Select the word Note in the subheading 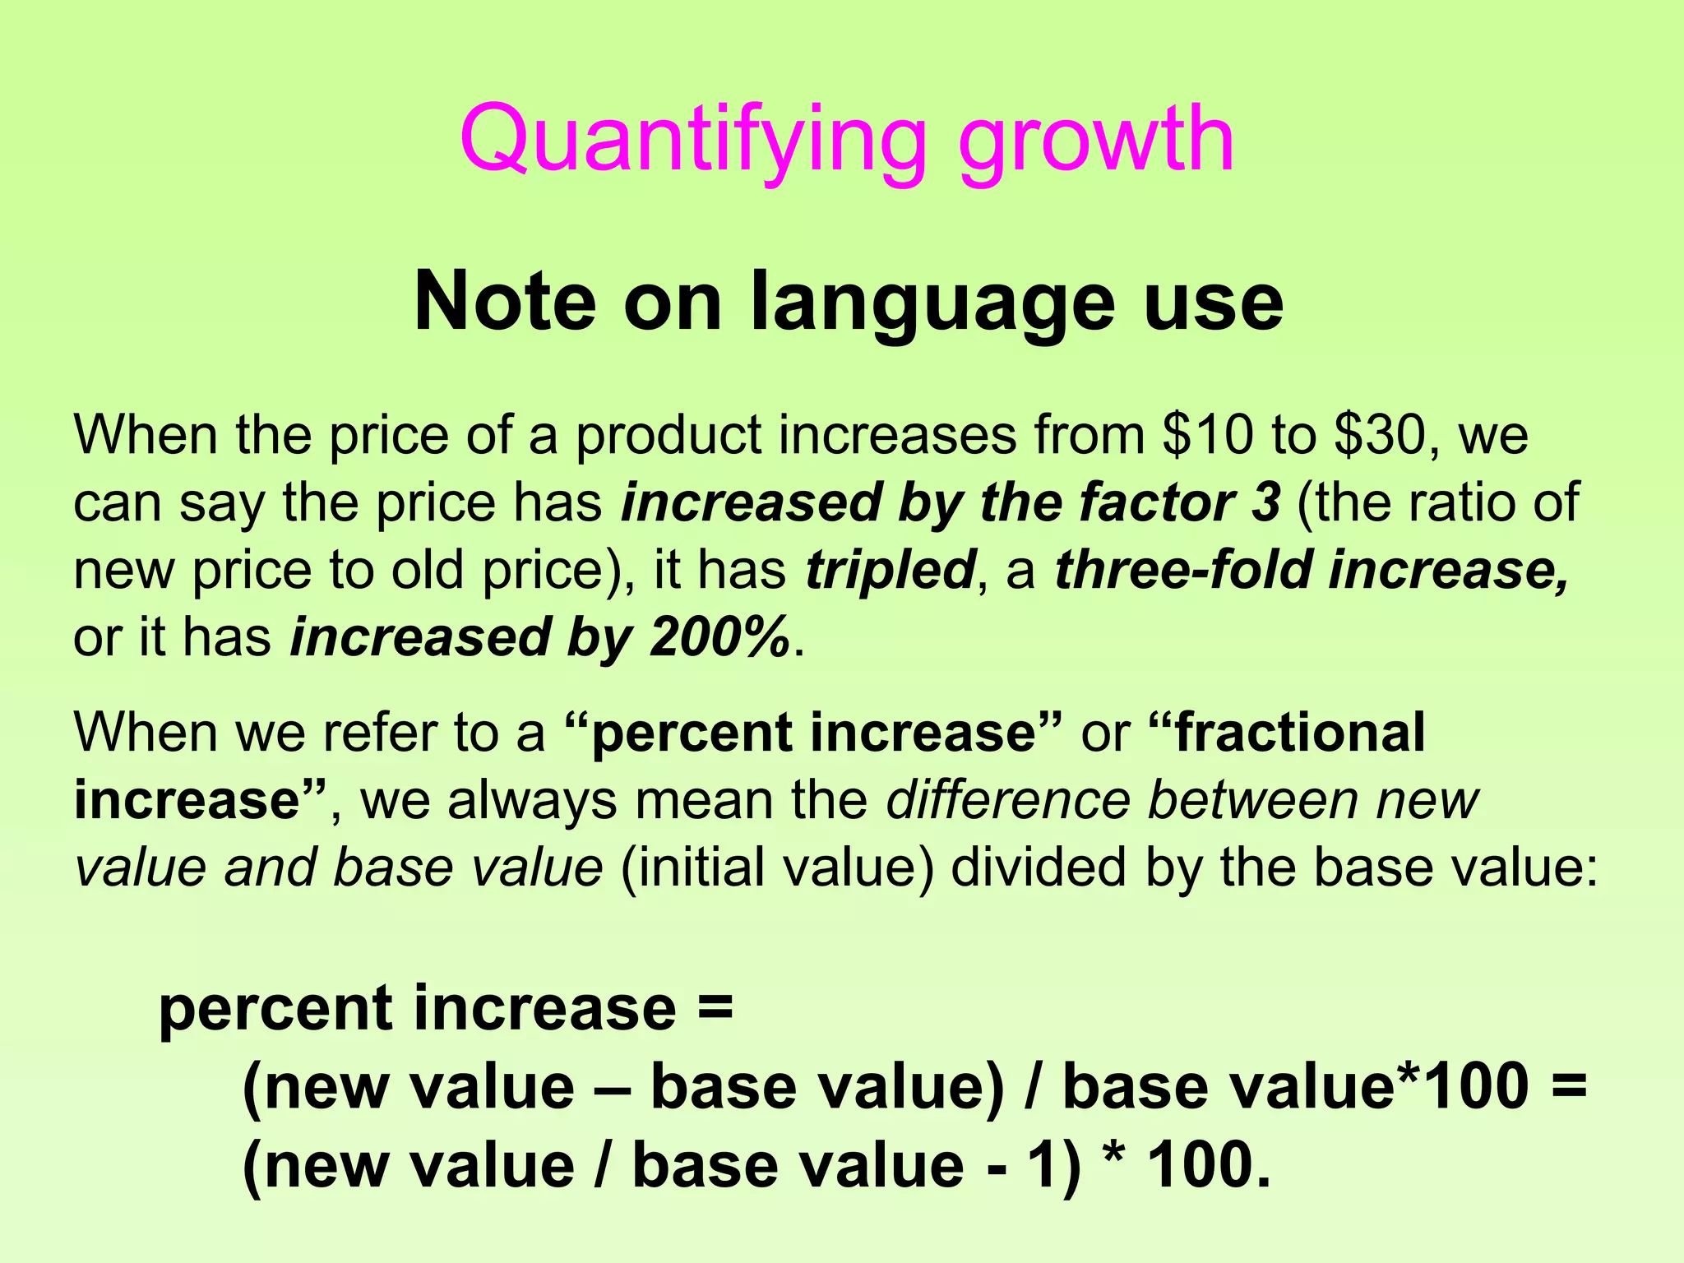(504, 303)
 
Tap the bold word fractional (1299, 733)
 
